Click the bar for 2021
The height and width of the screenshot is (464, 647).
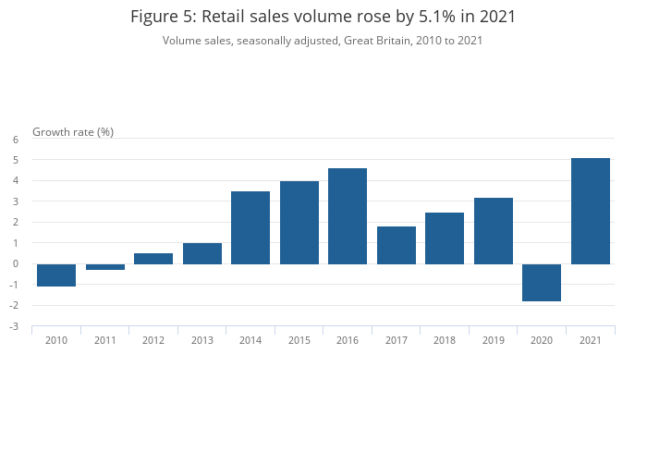click(x=591, y=211)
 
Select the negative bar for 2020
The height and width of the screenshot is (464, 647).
click(x=542, y=282)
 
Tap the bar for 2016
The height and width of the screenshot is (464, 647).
click(x=348, y=216)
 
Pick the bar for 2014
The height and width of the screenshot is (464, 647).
click(x=250, y=227)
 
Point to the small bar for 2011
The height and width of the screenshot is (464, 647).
click(x=105, y=267)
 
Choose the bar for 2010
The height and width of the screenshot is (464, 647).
click(x=56, y=275)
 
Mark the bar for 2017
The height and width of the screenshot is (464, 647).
click(x=397, y=245)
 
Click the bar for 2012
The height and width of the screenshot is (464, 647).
click(x=153, y=259)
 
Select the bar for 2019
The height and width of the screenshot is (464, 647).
click(x=494, y=230)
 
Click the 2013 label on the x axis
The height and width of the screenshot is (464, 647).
click(x=202, y=340)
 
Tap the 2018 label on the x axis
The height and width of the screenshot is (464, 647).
click(x=445, y=340)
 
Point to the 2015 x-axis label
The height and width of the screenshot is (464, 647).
click(x=299, y=340)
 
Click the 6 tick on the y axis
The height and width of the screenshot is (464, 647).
click(x=16, y=140)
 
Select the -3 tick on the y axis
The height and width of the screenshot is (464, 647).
click(x=14, y=326)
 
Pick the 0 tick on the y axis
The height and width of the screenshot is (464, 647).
click(x=16, y=263)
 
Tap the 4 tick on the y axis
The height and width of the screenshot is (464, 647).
click(x=16, y=180)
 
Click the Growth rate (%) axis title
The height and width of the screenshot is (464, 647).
click(x=73, y=131)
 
